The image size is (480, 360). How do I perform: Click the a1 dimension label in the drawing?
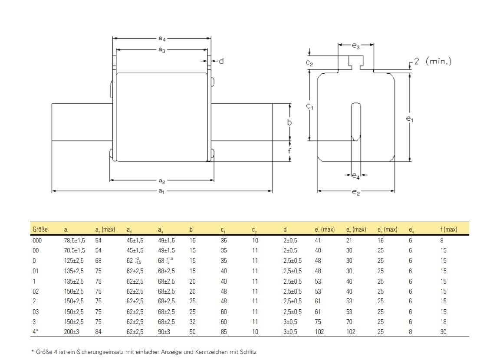pos(161,191)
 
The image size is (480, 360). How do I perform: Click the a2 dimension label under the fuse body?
pos(161,180)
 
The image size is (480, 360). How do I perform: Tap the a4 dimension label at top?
pos(161,39)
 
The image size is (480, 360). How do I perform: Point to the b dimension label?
pos(290,123)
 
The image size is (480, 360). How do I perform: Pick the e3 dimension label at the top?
pos(355,46)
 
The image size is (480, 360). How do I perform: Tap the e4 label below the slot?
pos(355,176)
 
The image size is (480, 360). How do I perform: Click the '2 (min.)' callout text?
pos(432,61)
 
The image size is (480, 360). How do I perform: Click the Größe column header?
pos(40,229)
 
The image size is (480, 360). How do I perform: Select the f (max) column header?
pos(448,229)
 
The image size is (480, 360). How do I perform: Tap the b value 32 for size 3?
pos(193,322)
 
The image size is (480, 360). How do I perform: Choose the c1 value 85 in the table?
pos(224,332)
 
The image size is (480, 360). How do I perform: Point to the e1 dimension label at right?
pos(409,118)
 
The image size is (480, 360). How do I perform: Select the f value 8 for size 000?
pos(441,240)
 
